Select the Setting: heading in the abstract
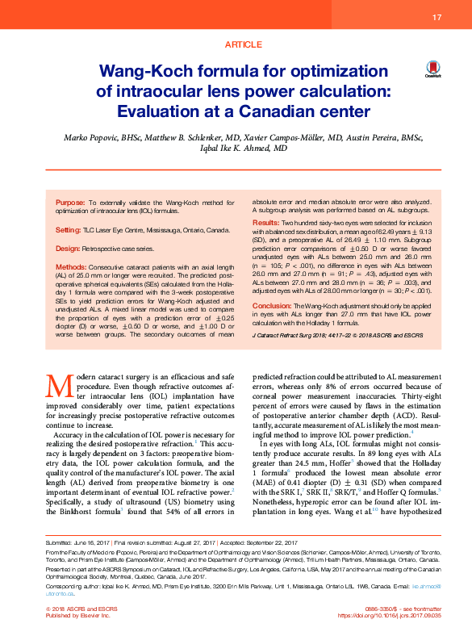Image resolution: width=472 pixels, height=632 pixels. point(68,231)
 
